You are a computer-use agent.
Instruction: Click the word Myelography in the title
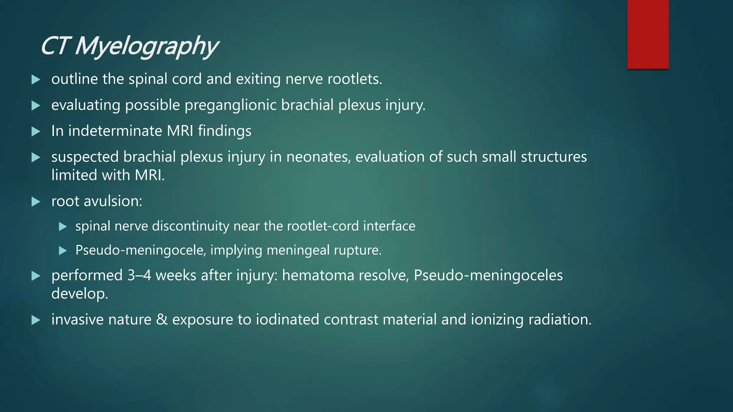(x=146, y=46)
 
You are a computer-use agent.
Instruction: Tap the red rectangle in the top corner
(x=648, y=34)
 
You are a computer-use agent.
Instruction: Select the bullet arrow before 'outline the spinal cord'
(x=36, y=79)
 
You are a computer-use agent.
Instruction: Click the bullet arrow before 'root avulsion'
(x=36, y=202)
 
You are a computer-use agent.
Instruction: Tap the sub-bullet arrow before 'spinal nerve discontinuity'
(x=63, y=226)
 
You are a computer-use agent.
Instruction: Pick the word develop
(x=79, y=294)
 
